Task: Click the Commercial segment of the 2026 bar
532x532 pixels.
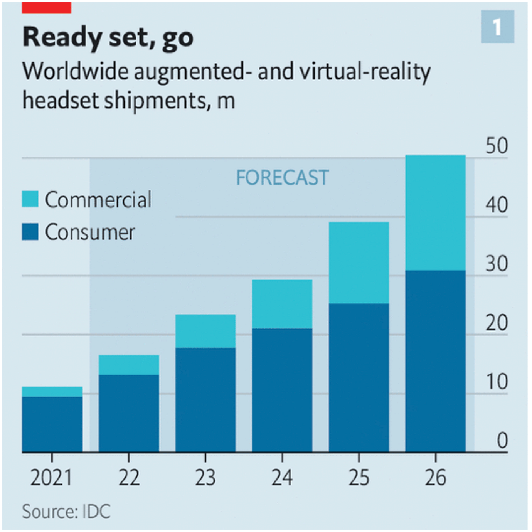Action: [x=435, y=213]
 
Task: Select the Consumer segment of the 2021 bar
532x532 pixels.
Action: [x=52, y=424]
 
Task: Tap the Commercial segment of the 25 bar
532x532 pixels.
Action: [x=359, y=263]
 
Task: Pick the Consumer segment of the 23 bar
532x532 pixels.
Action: [x=205, y=400]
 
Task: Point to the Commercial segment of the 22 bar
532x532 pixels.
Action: [x=129, y=365]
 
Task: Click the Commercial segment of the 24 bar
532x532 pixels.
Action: [x=282, y=304]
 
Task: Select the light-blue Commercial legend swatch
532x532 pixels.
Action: [x=30, y=199]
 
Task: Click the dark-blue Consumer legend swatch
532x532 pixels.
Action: [x=30, y=232]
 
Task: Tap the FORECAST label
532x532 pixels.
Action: [x=282, y=178]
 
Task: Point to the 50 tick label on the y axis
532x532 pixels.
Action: [x=497, y=146]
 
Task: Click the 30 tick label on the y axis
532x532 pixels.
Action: [x=497, y=264]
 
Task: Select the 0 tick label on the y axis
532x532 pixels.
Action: [x=502, y=441]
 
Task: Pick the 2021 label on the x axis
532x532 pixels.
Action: [x=51, y=478]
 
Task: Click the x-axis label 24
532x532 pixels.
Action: [x=282, y=478]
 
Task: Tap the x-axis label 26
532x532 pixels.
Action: [x=436, y=478]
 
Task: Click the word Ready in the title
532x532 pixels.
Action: [x=62, y=38]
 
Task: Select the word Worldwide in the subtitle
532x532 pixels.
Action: [x=75, y=72]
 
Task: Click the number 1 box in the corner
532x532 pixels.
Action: [x=497, y=27]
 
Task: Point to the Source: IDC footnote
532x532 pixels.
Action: [x=66, y=512]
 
